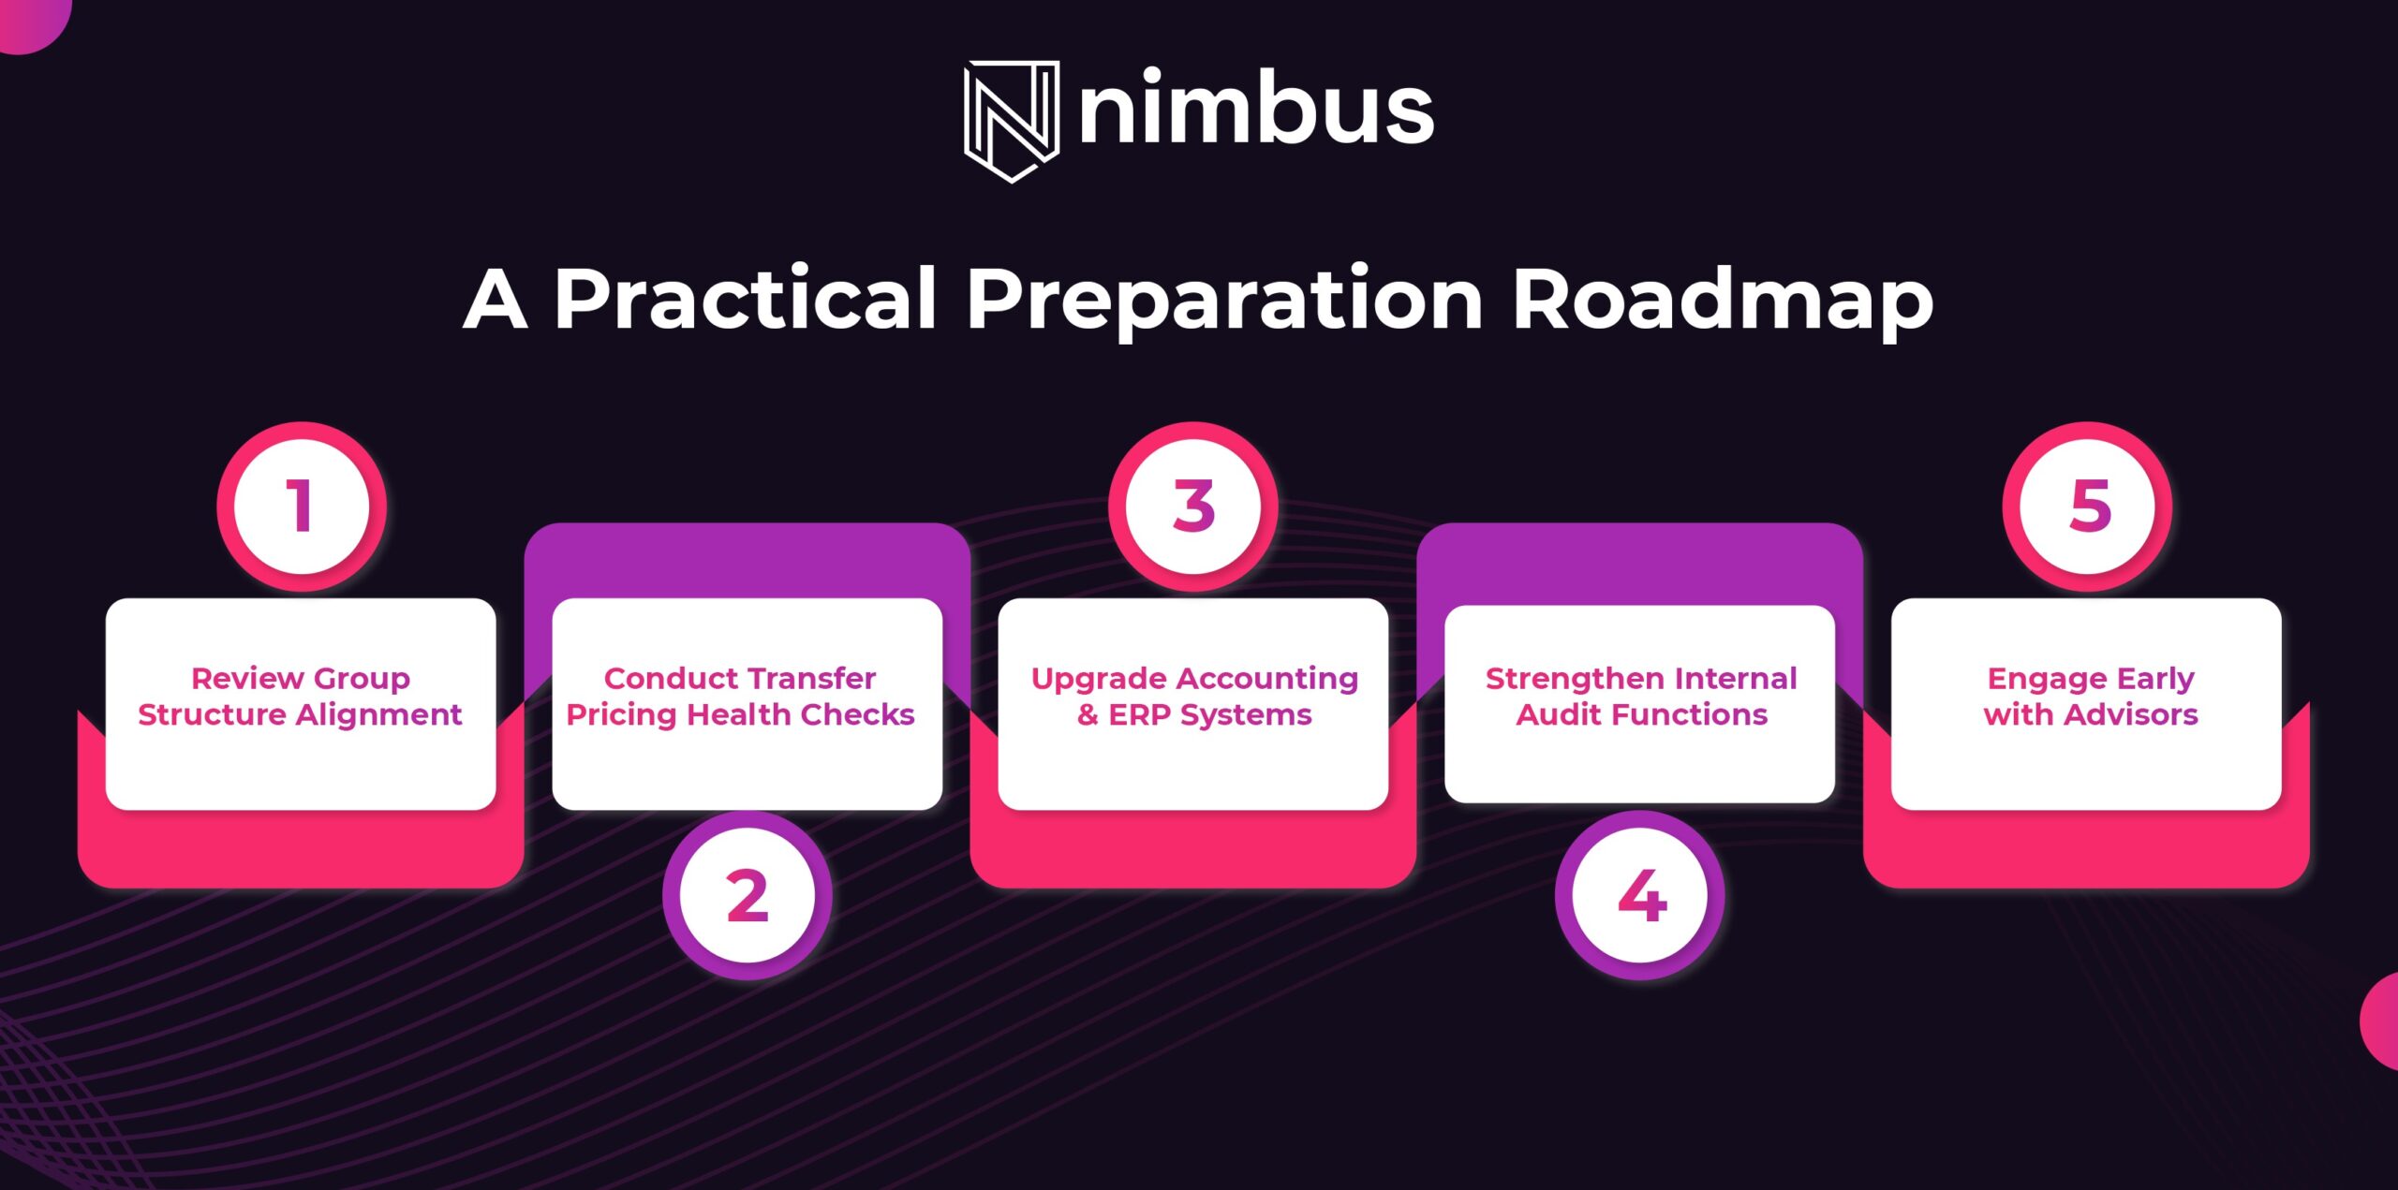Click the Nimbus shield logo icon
pos(1012,122)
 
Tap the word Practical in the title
pos(746,299)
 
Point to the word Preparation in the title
pos(1225,301)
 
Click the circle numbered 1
pos(302,507)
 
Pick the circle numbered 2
pos(748,896)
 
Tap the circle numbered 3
pos(1193,507)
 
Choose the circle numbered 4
pos(1640,896)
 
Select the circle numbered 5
pos(2087,507)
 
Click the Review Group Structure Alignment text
pos(301,697)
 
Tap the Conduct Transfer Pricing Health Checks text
pos(740,697)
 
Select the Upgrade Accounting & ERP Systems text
pos(1194,697)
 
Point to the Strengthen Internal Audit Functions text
pos(1641,697)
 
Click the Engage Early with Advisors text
pos(2091,697)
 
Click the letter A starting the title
pos(496,301)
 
